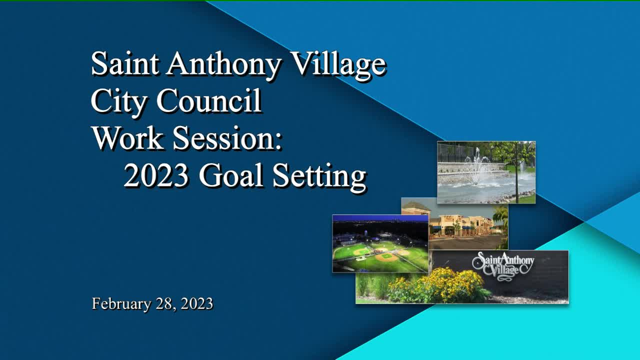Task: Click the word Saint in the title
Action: coord(125,63)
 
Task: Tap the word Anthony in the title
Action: coord(223,64)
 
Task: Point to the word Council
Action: coord(209,101)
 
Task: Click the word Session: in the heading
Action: coord(227,138)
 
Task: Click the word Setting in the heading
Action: coord(319,177)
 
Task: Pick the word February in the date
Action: coord(121,303)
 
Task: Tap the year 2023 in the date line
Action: coord(197,303)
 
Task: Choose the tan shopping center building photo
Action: coord(463,225)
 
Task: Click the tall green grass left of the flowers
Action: coord(371,285)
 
